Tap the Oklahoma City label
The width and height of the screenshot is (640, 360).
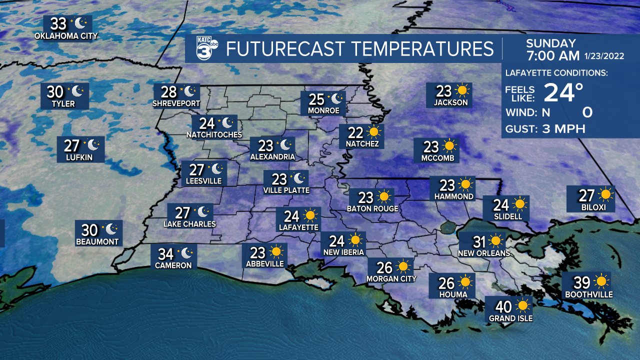pyautogui.click(x=66, y=36)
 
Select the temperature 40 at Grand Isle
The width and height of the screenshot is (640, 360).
pyautogui.click(x=503, y=305)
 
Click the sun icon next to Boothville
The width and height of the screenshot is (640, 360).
pyautogui.click(x=600, y=281)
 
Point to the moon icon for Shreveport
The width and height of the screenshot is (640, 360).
pyautogui.click(x=189, y=91)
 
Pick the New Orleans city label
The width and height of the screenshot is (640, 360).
pyautogui.click(x=484, y=253)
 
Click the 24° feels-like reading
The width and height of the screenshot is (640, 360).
pyautogui.click(x=563, y=92)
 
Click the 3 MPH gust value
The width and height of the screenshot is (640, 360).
pyautogui.click(x=563, y=129)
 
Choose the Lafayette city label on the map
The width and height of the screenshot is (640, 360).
pyautogui.click(x=298, y=227)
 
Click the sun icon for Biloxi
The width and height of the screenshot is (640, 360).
pyautogui.click(x=606, y=194)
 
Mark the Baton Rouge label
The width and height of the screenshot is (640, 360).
pyautogui.click(x=372, y=208)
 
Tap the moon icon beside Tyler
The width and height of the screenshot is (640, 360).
pyautogui.click(x=77, y=91)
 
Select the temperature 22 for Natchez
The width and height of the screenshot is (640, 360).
pyautogui.click(x=355, y=132)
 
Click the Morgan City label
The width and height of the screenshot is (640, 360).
pyautogui.click(x=391, y=278)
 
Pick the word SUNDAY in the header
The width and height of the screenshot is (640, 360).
pyautogui.click(x=550, y=43)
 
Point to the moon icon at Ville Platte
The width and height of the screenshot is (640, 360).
pyautogui.click(x=298, y=178)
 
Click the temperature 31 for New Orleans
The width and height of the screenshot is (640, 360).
pyautogui.click(x=479, y=242)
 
